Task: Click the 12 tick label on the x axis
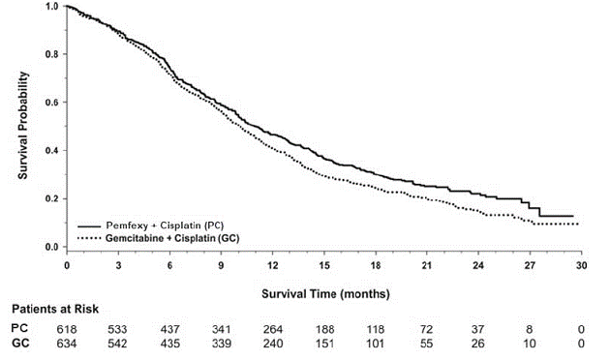273,264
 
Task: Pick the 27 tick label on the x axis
531,264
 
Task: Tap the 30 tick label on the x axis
581,264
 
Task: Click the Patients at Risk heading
48,312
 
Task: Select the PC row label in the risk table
19,329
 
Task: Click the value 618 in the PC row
67,329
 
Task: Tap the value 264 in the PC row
273,329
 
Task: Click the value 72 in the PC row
428,329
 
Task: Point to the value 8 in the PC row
531,329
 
